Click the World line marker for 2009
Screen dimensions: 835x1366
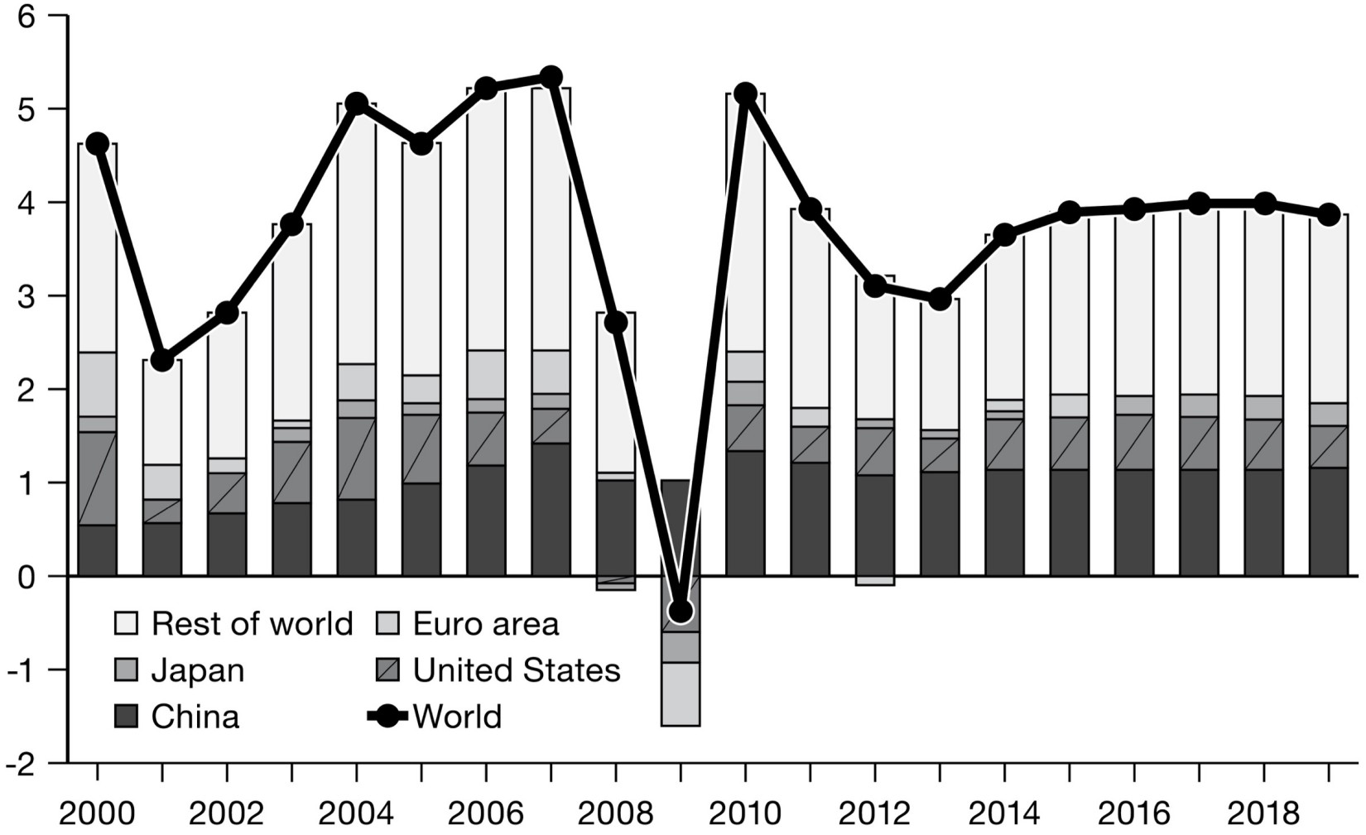(x=681, y=612)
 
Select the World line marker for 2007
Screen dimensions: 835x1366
(x=551, y=78)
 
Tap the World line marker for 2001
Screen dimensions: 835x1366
(x=162, y=360)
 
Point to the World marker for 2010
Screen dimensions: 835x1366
(x=745, y=94)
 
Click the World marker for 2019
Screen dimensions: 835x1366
(x=1329, y=214)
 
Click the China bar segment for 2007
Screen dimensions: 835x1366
(x=551, y=509)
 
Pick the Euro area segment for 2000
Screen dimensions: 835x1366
(x=97, y=384)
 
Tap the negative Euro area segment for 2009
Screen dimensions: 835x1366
(x=681, y=693)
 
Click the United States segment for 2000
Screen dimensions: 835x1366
(x=97, y=478)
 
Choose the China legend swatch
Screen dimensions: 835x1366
(x=126, y=716)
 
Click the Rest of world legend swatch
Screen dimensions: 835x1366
(x=126, y=623)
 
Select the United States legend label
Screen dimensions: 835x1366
(x=517, y=670)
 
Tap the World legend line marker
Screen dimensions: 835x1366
(x=387, y=716)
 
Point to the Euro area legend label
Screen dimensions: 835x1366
(x=486, y=624)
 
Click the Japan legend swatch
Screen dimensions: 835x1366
(x=126, y=669)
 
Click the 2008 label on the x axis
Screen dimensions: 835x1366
(x=615, y=813)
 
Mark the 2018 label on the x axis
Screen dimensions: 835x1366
(x=1264, y=813)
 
